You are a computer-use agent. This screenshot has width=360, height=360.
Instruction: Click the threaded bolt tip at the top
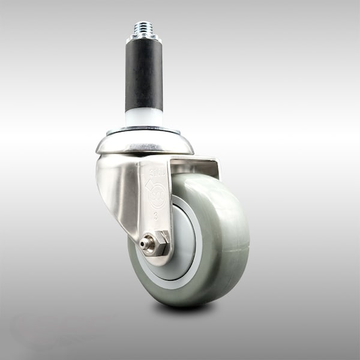[144, 28]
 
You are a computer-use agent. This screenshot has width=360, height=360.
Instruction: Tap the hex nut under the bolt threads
[144, 38]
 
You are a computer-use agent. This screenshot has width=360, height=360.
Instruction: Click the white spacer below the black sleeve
[144, 117]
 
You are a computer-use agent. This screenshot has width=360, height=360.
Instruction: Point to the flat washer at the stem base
[144, 130]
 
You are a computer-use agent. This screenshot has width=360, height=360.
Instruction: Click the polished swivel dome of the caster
[144, 144]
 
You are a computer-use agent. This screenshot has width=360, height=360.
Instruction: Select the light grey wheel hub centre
[180, 240]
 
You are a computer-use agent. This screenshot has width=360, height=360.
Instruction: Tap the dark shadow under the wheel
[186, 309]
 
